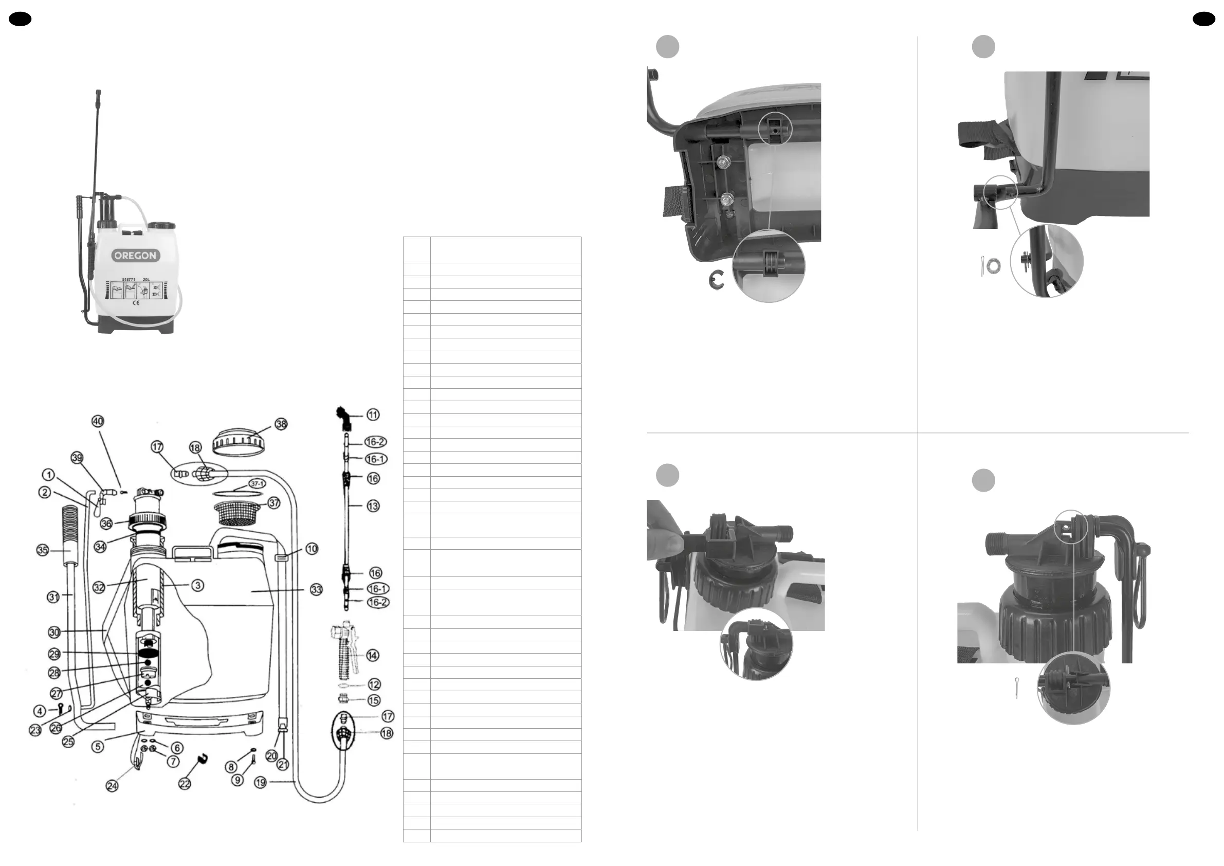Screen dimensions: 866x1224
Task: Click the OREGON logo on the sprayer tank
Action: pos(135,256)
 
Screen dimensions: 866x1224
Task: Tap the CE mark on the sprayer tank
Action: pos(136,303)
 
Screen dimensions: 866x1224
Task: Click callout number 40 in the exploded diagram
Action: pos(98,421)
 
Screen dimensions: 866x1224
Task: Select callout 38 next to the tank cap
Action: pos(281,424)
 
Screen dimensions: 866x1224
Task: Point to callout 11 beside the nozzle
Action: pos(373,415)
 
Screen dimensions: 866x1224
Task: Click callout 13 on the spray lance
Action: pos(373,506)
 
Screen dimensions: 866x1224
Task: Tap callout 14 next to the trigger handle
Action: pos(373,655)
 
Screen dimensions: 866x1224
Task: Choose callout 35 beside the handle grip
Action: pos(42,550)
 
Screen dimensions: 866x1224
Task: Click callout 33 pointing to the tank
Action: pos(316,589)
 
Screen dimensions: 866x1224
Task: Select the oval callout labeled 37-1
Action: pos(257,484)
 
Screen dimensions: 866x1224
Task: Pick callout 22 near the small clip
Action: pos(185,784)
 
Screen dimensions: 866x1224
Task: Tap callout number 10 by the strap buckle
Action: pos(312,549)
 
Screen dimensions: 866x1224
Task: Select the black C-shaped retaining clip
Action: pos(717,280)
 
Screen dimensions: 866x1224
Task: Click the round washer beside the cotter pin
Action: pos(992,265)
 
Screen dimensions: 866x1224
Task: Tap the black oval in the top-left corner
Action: pos(20,19)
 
